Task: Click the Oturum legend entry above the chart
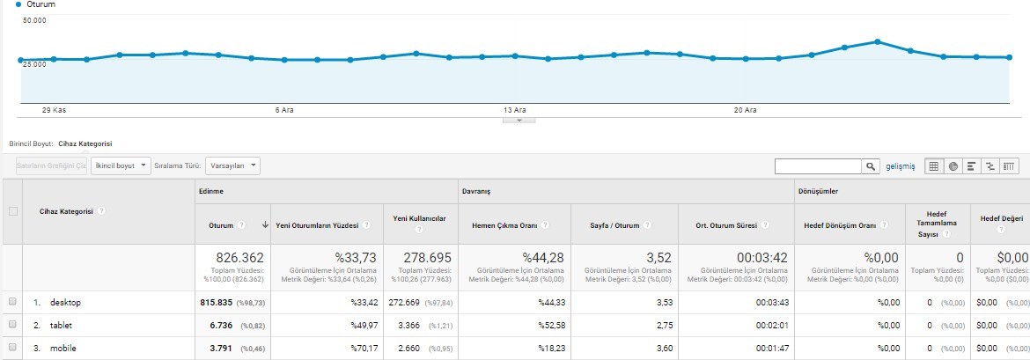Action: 31,4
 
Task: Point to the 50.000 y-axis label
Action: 34,20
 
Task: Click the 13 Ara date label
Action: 515,110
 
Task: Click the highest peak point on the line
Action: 877,41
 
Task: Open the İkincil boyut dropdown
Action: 121,165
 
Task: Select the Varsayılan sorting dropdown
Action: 232,165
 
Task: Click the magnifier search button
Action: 871,166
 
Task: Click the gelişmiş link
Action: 900,166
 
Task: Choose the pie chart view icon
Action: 952,166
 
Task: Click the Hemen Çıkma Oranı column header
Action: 504,225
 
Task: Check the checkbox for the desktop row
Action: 12,302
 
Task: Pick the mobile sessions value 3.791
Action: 214,349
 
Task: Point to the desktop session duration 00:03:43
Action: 771,302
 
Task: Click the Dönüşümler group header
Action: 816,191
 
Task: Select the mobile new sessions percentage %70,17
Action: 364,349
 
